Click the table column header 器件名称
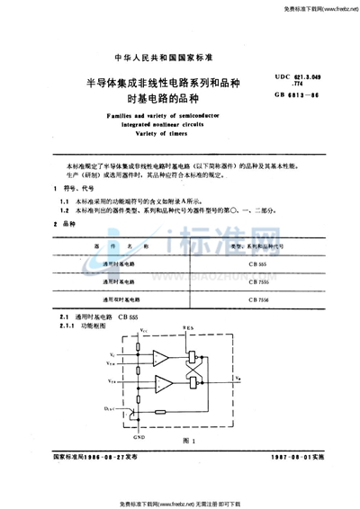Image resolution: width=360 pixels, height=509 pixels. [x=117, y=245]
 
